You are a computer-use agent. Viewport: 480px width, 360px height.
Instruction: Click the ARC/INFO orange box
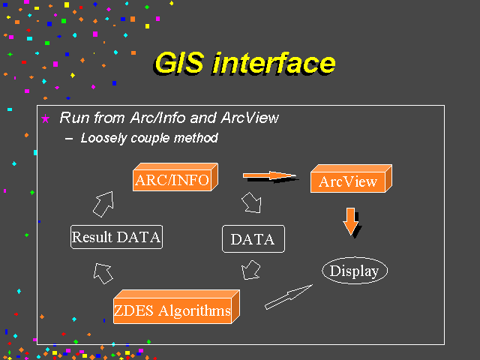pos(175,177)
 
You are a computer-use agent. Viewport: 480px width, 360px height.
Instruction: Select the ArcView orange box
pos(351,178)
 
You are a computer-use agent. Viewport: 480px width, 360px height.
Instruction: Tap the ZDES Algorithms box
pos(176,307)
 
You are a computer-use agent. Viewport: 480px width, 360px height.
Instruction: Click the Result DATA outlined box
pos(117,237)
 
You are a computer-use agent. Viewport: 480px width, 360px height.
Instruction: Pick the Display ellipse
pos(355,271)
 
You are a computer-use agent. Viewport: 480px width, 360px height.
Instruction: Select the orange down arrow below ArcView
pos(351,221)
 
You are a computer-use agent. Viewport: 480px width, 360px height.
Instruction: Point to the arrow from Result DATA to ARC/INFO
pos(104,204)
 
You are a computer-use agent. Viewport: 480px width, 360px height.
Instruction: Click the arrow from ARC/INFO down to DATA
pos(252,202)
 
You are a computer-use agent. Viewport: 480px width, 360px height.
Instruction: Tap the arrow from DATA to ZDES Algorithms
pos(251,270)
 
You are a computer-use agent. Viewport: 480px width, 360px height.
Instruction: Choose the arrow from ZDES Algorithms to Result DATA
pos(103,273)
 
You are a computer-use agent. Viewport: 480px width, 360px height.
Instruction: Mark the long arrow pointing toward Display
pos(289,297)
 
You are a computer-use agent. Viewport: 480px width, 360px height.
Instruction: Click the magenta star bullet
pos(45,118)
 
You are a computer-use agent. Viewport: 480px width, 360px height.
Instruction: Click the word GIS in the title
pos(179,63)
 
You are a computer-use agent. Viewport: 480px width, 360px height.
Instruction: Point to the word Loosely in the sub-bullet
pos(103,138)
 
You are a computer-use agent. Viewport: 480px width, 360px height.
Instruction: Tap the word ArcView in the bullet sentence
pos(250,118)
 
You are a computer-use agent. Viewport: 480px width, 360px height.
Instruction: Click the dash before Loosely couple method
pos(69,139)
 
